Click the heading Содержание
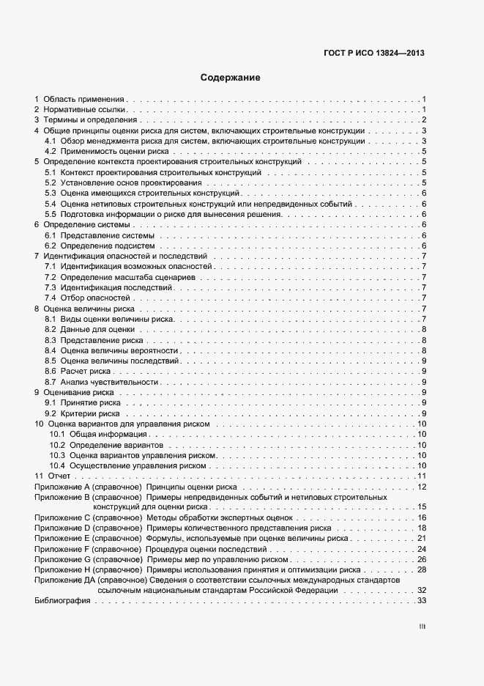pos(230,77)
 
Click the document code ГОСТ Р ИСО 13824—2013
pos(374,53)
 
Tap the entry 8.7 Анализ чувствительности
pos(102,382)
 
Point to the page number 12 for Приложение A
pos(422,487)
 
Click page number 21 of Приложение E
pos(422,538)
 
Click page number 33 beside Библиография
pos(422,601)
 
